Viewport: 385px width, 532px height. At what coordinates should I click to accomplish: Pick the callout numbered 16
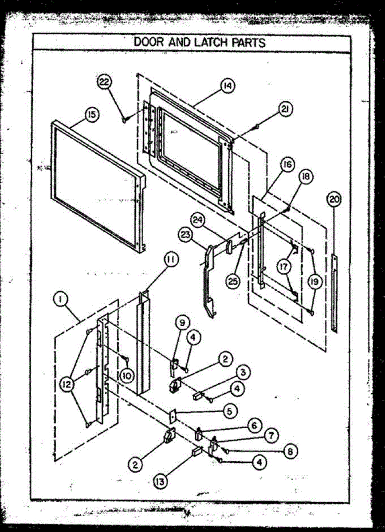pyautogui.click(x=287, y=165)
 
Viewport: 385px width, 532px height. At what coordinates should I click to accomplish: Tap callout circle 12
pyautogui.click(x=67, y=384)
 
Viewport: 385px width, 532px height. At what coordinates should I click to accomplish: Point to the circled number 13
pyautogui.click(x=161, y=481)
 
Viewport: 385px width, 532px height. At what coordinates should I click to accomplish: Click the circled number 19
pyautogui.click(x=314, y=281)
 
